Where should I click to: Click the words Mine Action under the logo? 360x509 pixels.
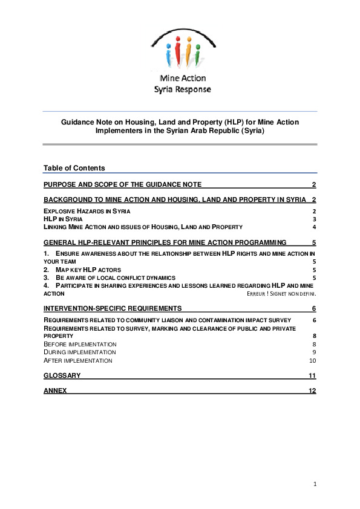point(182,79)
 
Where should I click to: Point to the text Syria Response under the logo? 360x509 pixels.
point(182,89)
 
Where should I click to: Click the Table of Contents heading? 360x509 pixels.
point(74,167)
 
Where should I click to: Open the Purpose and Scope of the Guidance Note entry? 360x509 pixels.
point(122,184)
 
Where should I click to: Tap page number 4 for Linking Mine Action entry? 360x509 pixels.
point(315,227)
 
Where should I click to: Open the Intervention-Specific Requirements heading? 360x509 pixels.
point(113,308)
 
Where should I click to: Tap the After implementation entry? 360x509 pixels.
point(78,360)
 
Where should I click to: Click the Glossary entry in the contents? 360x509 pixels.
point(62,375)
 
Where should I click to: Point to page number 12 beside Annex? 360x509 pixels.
point(312,391)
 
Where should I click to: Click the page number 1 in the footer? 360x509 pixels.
point(315,484)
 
